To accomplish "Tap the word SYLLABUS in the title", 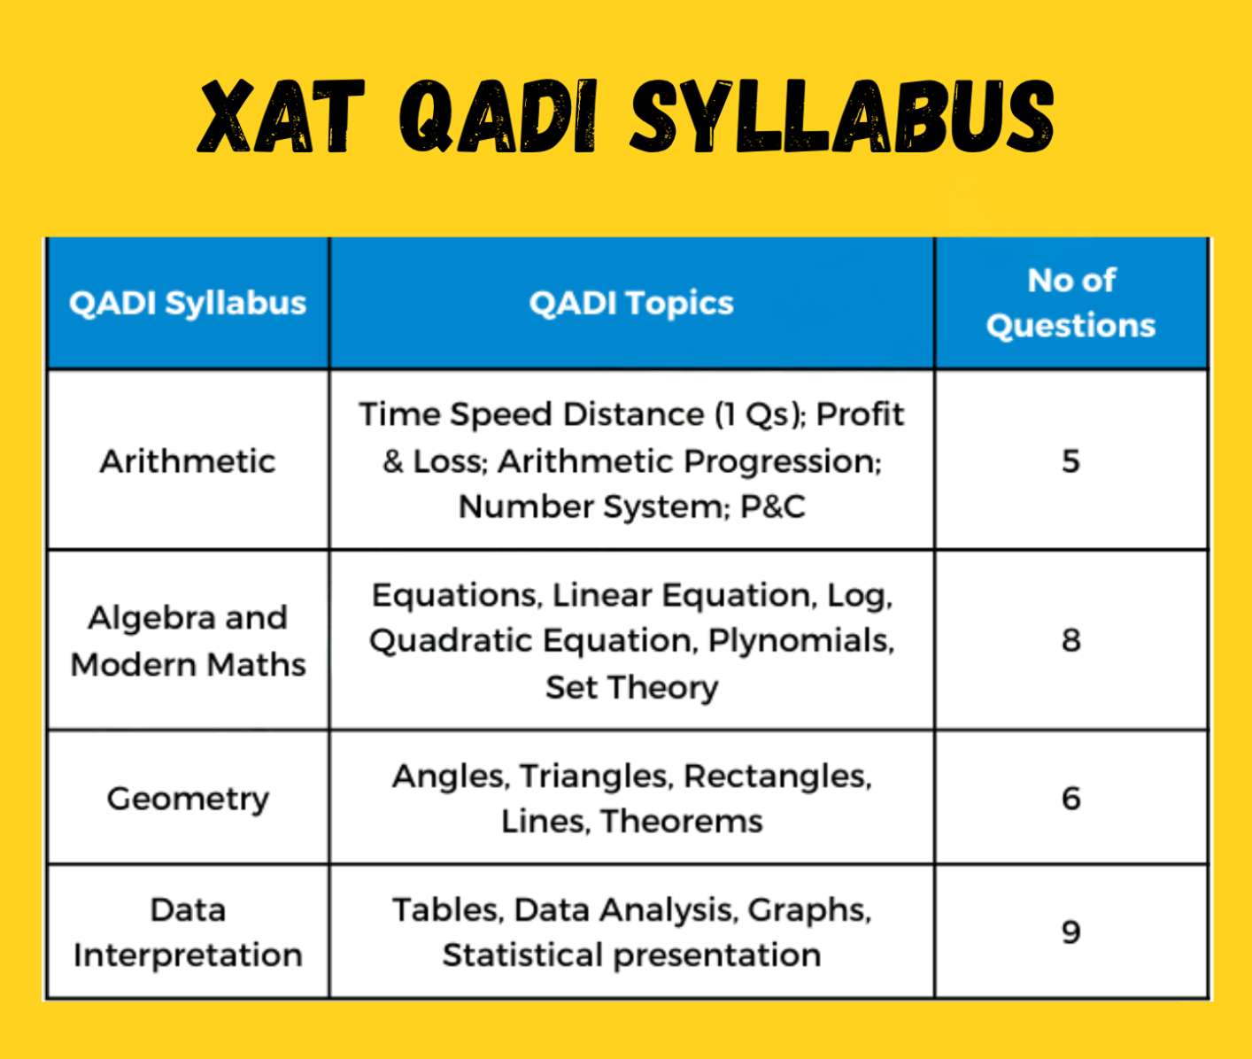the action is pyautogui.click(x=842, y=116).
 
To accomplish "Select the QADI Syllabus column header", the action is pyautogui.click(x=188, y=303).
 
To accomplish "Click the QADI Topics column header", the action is pyautogui.click(x=631, y=303).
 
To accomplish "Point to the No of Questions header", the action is pyautogui.click(x=1070, y=303).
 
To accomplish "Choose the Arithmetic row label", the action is pyautogui.click(x=188, y=461).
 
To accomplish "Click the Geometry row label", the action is pyautogui.click(x=188, y=799).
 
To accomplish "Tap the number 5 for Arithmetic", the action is pyautogui.click(x=1070, y=461).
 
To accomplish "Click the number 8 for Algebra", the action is pyautogui.click(x=1070, y=640).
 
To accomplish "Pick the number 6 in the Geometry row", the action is pyautogui.click(x=1070, y=799).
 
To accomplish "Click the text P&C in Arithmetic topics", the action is pyautogui.click(x=773, y=506).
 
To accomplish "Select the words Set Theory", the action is pyautogui.click(x=631, y=688).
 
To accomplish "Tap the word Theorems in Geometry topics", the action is pyautogui.click(x=682, y=821).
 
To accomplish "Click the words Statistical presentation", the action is pyautogui.click(x=631, y=955).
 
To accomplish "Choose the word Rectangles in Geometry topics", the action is pyautogui.click(x=777, y=777).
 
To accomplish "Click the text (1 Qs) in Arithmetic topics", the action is pyautogui.click(x=761, y=415).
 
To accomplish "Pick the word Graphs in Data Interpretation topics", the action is pyautogui.click(x=809, y=911).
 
